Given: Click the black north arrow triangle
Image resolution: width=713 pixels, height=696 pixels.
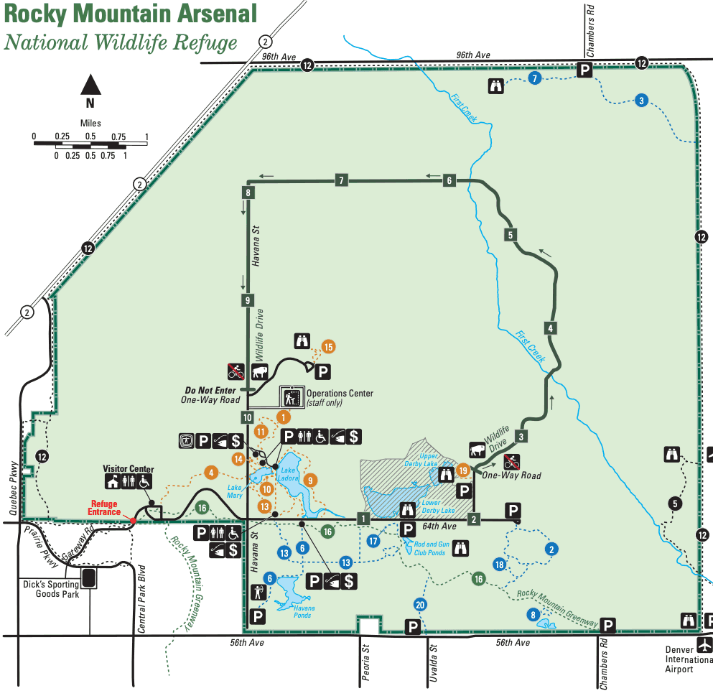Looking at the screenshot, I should (x=90, y=85).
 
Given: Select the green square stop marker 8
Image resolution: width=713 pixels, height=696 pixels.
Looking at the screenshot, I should (x=248, y=192).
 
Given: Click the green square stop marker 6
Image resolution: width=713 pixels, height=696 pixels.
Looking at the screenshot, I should (x=449, y=180).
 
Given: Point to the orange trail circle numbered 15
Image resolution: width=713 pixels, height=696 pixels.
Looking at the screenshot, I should (x=329, y=347).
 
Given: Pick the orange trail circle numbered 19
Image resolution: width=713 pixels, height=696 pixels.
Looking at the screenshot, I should (x=463, y=470).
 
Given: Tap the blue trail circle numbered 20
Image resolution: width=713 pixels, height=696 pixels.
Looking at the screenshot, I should (x=421, y=605).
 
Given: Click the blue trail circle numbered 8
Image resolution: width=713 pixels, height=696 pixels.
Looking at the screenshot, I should (x=533, y=614).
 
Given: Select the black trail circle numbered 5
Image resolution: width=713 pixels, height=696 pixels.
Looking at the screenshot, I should (x=674, y=504).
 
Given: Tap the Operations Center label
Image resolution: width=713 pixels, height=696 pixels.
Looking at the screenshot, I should (x=339, y=394).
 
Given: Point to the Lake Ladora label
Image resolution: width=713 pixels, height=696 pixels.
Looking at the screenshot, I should (x=288, y=475).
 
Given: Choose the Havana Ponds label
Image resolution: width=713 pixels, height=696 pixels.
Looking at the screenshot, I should (x=302, y=612).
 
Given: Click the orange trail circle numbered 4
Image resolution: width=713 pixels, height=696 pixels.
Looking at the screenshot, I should (x=211, y=473).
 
